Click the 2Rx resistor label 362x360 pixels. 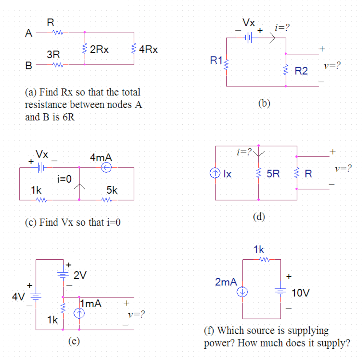(x=99, y=50)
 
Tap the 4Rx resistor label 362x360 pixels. (x=148, y=50)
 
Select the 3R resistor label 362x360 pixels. (x=53, y=55)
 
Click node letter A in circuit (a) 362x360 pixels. (x=29, y=34)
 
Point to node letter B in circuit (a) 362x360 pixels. (x=29, y=66)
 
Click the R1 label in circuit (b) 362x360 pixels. (x=216, y=60)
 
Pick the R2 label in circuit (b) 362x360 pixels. (x=301, y=71)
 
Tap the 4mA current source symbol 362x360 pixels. (x=106, y=168)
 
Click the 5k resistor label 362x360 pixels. (x=112, y=190)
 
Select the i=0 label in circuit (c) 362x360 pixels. (x=64, y=179)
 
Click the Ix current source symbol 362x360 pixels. (x=215, y=173)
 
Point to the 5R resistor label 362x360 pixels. (x=273, y=173)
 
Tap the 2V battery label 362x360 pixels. (x=80, y=275)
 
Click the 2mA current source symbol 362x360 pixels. (x=243, y=292)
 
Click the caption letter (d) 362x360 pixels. (x=259, y=216)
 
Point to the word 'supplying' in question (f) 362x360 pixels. (x=308, y=331)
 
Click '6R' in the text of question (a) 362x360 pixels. (x=69, y=117)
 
